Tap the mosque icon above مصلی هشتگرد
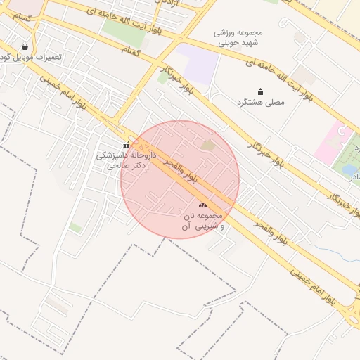pos(260,91)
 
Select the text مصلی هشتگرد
pos(260,103)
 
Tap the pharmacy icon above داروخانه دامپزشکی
pos(127,145)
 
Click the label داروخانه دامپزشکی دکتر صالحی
pos(122,160)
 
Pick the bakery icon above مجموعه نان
pos(202,204)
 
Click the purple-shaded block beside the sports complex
pos(200,67)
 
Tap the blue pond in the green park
pos(349,169)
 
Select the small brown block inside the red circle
pos(208,145)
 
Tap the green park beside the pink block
pos(350,151)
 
